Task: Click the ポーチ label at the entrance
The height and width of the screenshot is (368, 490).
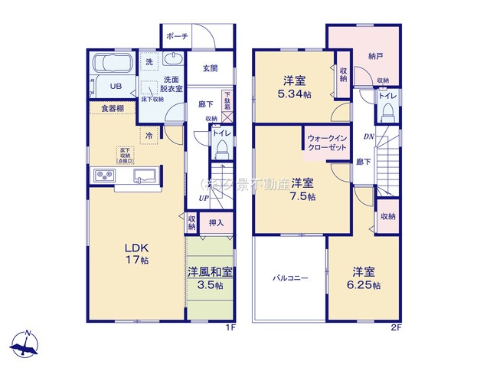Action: pyautogui.click(x=177, y=36)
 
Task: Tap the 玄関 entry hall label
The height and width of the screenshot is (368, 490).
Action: pyautogui.click(x=210, y=68)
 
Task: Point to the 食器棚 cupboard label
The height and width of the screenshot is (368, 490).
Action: pyautogui.click(x=112, y=108)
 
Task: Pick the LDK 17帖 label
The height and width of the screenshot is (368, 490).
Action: pyautogui.click(x=137, y=254)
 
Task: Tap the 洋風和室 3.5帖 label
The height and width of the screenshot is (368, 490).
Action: pyautogui.click(x=209, y=278)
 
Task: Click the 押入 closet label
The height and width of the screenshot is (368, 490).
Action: pyautogui.click(x=216, y=223)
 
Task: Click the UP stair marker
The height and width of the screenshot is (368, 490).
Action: pyautogui.click(x=204, y=199)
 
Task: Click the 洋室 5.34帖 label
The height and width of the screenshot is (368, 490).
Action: pyautogui.click(x=295, y=86)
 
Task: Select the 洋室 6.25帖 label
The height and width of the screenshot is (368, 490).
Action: pyautogui.click(x=364, y=278)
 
